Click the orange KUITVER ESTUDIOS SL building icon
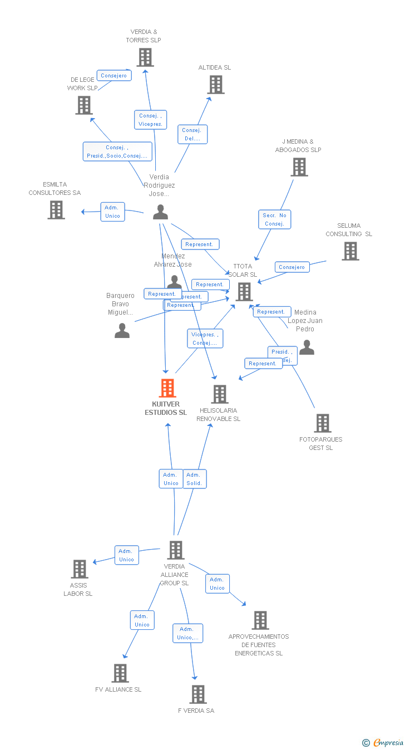pyautogui.click(x=167, y=388)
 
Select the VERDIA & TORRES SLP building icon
pyautogui.click(x=145, y=57)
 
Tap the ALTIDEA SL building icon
pyautogui.click(x=216, y=85)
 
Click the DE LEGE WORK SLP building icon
pyautogui.click(x=84, y=105)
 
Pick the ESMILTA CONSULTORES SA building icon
pyautogui.click(x=56, y=210)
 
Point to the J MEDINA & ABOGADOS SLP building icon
pyautogui.click(x=299, y=167)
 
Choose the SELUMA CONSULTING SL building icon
pyautogui.click(x=350, y=251)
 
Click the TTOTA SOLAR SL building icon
pyautogui.click(x=244, y=292)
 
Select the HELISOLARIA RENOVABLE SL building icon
pyautogui.click(x=220, y=394)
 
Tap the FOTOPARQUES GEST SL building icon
pyautogui.click(x=322, y=423)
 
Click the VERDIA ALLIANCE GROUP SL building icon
pyautogui.click(x=176, y=550)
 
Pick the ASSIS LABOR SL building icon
pyautogui.click(x=80, y=569)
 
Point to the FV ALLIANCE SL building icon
pyautogui.click(x=120, y=673)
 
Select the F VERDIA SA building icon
pyautogui.click(x=198, y=694)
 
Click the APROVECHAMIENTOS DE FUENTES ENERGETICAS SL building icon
pyautogui.click(x=260, y=620)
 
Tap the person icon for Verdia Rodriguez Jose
pyautogui.click(x=161, y=212)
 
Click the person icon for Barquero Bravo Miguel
pyautogui.click(x=122, y=331)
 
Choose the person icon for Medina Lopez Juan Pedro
pyautogui.click(x=307, y=348)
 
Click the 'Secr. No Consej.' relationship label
pyautogui.click(x=275, y=219)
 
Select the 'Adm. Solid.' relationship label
pyautogui.click(x=194, y=479)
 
